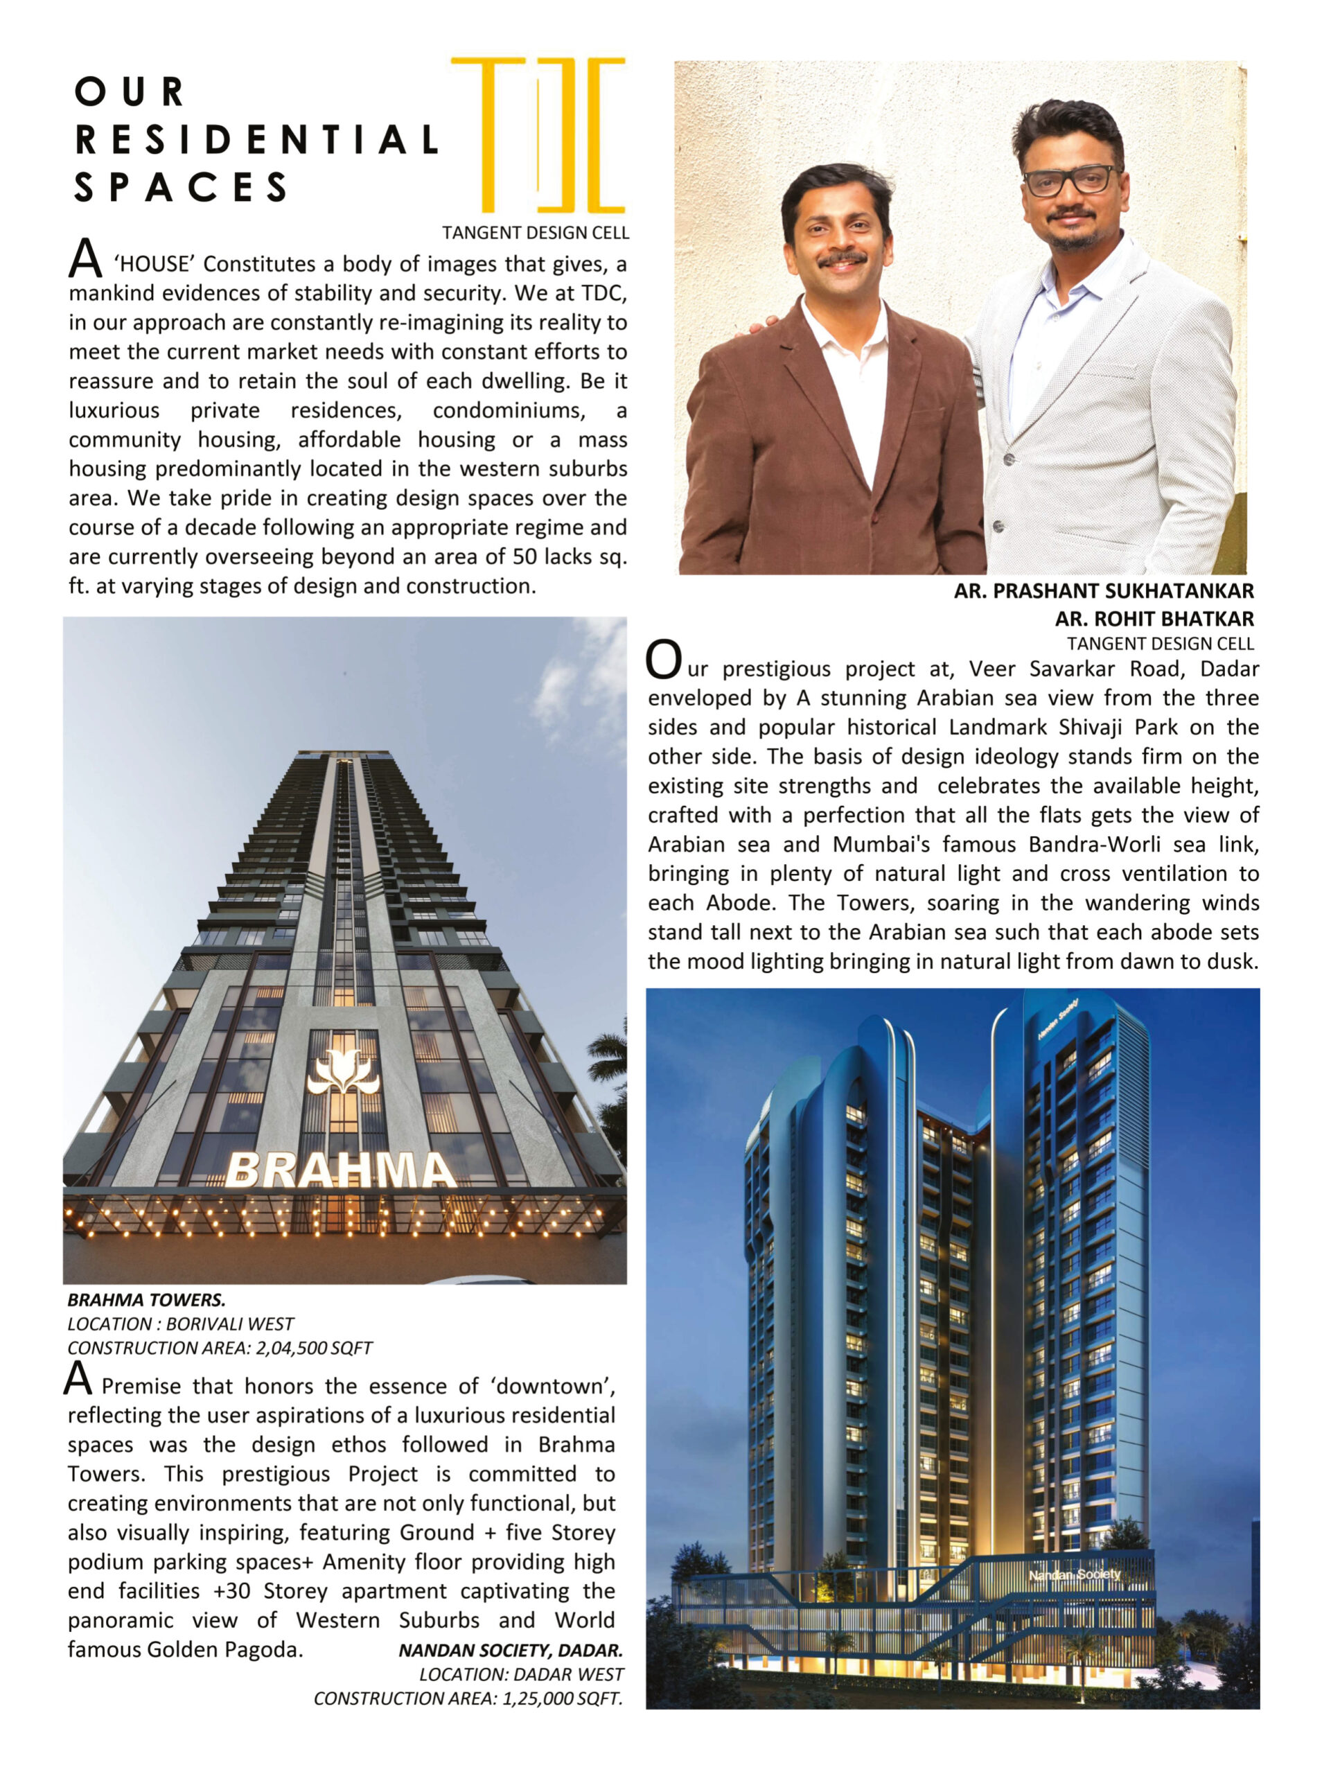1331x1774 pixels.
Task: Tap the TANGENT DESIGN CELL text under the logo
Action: point(536,234)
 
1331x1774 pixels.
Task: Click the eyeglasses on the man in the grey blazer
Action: point(1071,179)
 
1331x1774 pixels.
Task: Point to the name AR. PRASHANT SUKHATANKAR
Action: point(1103,591)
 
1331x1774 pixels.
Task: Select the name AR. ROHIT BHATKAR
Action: point(1154,618)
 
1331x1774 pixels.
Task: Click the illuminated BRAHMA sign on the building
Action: point(340,1171)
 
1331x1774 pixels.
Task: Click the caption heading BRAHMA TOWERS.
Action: point(146,1299)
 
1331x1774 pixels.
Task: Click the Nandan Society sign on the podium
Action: point(1075,1574)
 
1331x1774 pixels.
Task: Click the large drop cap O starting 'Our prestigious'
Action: point(663,660)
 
